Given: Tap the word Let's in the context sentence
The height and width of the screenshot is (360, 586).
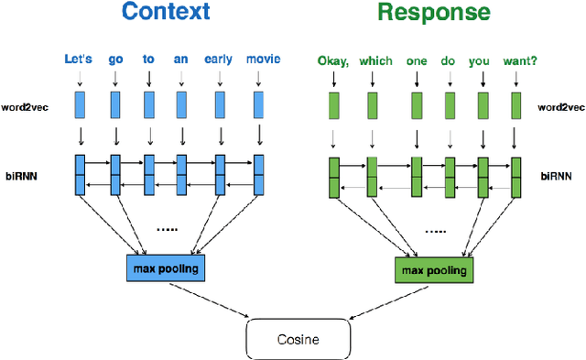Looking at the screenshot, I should point(80,60).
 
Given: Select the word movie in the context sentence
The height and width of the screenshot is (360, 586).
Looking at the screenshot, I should point(263,60).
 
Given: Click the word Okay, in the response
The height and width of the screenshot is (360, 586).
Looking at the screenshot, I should point(333,61).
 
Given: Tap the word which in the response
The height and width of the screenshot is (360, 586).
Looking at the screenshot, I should point(375,61).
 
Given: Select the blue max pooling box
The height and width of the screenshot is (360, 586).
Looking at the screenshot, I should point(166,267).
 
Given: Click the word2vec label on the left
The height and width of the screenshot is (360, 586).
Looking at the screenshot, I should point(29,106).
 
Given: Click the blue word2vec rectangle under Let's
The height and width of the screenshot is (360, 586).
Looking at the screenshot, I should point(80,105).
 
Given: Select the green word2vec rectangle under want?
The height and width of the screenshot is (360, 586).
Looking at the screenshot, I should point(516,105).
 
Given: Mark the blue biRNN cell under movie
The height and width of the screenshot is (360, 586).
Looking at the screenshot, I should point(259,175).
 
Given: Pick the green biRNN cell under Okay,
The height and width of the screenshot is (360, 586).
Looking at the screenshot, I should point(333,178).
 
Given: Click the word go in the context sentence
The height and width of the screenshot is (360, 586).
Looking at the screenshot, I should point(114,60).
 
